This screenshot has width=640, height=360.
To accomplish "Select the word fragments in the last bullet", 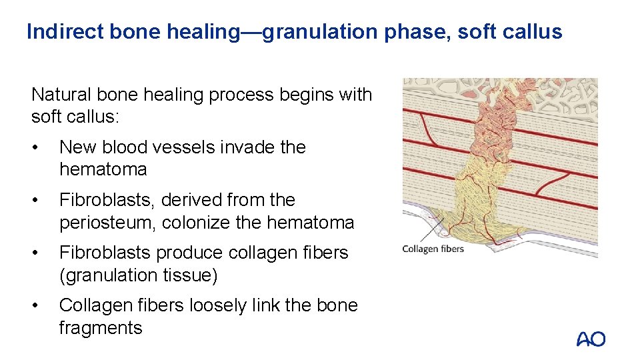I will pos(101,327).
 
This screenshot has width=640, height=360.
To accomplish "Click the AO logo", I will pos(591,339).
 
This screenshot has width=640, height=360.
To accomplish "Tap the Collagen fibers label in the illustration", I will pos(433,249).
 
